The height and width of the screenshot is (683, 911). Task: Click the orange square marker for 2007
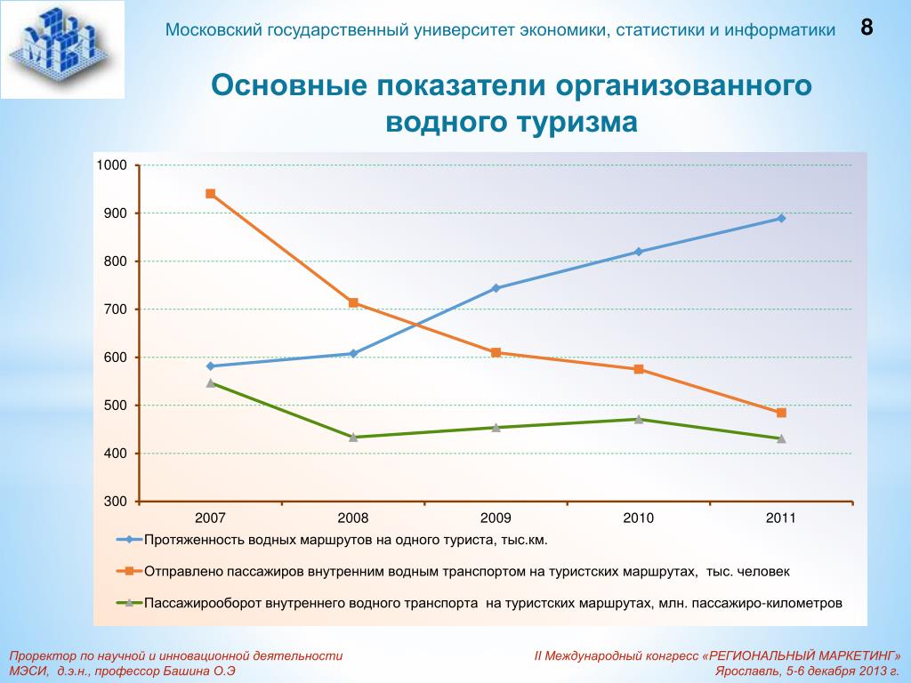coord(211,194)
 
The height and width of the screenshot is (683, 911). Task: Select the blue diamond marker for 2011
coord(781,218)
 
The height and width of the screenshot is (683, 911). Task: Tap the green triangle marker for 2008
coord(353,437)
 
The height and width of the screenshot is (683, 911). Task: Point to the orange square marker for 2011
coord(781,413)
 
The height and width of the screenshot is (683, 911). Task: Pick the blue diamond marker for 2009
coord(496,288)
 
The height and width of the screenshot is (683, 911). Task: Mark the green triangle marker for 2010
coord(639,419)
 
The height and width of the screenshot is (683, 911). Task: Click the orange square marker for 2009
coord(496,353)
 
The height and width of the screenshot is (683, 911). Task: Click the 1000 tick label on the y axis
coord(113,165)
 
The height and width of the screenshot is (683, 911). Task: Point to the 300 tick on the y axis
coord(117,502)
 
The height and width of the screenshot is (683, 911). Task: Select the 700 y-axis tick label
coord(117,309)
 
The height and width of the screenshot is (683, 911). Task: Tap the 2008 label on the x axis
coord(353,518)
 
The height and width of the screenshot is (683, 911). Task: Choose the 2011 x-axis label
coord(781,518)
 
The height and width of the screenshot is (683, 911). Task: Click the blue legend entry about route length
coord(346,540)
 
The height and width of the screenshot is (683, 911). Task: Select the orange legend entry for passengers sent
coord(466,571)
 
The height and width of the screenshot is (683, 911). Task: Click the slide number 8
coord(866,28)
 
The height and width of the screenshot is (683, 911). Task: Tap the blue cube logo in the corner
coord(62,49)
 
